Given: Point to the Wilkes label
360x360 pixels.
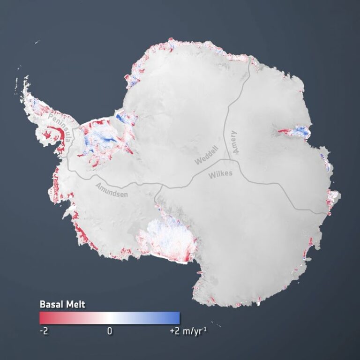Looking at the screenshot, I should pyautogui.click(x=220, y=175).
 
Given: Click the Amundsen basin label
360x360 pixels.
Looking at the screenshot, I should pyautogui.click(x=111, y=190).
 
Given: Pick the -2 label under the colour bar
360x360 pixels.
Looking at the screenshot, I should pyautogui.click(x=44, y=331).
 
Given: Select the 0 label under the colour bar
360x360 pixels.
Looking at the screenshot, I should pyautogui.click(x=110, y=331).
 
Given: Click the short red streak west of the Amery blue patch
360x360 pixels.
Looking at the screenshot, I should pyautogui.click(x=284, y=131).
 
